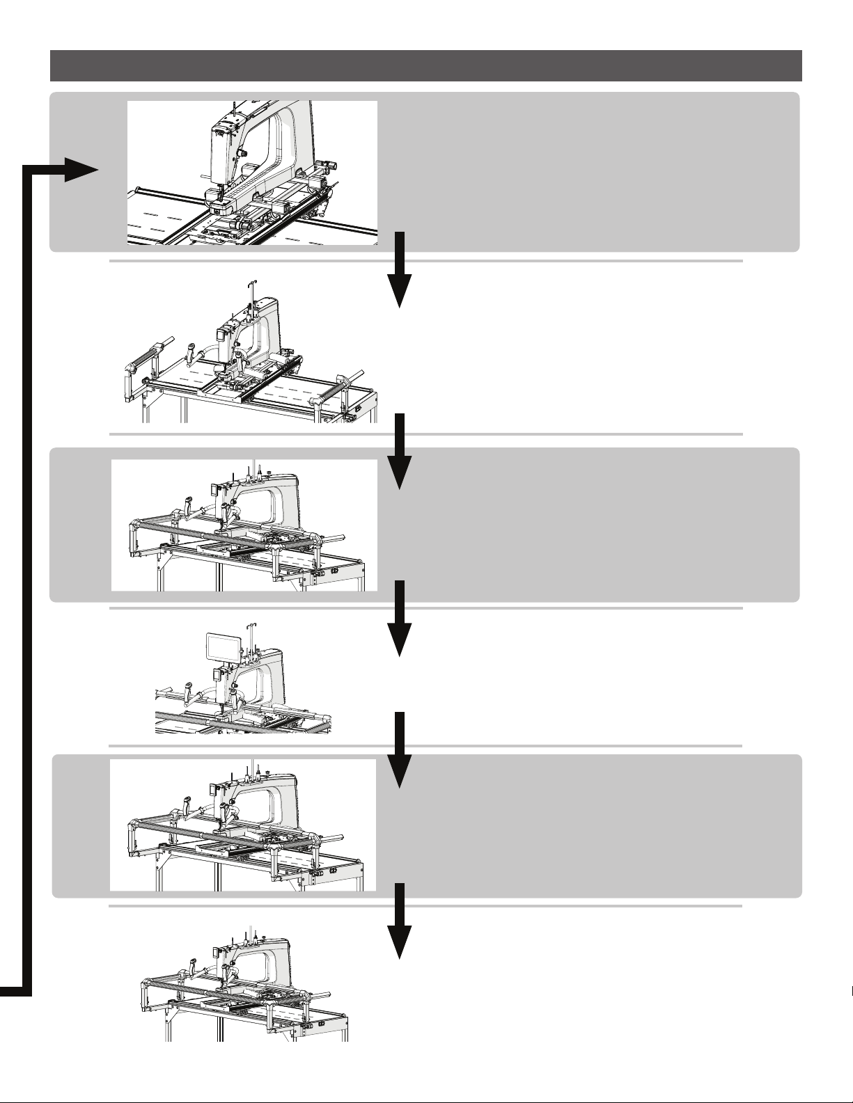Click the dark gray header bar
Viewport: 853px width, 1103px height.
[426, 65]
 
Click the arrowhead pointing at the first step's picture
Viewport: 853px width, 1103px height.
[82, 169]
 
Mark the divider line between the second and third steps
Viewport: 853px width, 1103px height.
[426, 434]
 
